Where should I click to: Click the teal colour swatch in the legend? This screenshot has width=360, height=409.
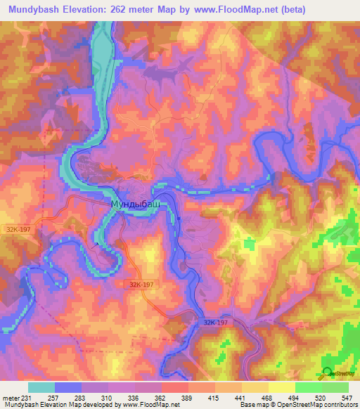[x=41, y=387]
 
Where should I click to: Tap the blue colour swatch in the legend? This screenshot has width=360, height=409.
[x=68, y=387]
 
